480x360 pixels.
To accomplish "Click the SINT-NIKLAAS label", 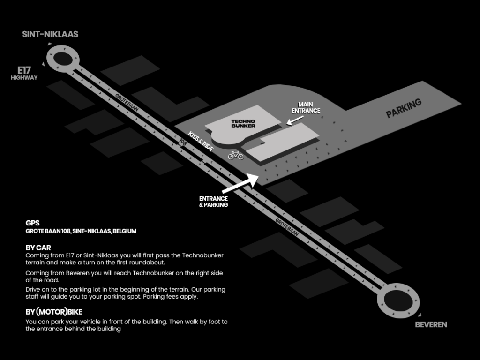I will [50, 34].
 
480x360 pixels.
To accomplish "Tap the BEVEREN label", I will [431, 324].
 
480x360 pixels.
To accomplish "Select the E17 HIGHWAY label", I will [24, 74].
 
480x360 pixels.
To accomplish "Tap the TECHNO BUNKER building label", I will [243, 124].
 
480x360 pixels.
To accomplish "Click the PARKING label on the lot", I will [404, 108].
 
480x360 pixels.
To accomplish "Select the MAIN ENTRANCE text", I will [306, 107].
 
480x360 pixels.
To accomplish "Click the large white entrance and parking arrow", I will [240, 183].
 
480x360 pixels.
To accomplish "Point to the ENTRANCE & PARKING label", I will [213, 202].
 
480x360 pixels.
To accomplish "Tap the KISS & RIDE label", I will [201, 141].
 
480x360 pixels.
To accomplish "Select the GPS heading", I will [33, 223].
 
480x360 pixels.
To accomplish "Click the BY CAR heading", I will [38, 247].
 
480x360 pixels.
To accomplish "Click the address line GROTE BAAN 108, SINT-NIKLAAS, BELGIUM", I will [81, 231].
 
